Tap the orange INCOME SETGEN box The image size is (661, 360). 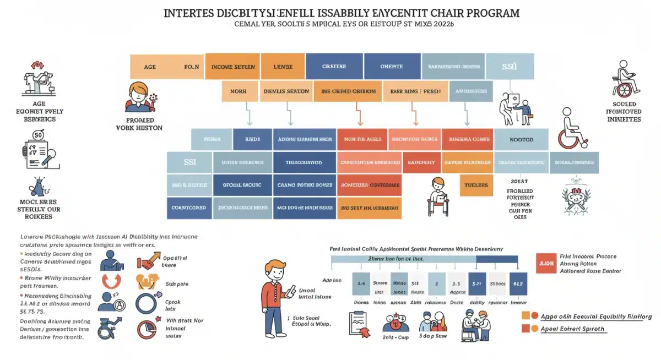(233, 67)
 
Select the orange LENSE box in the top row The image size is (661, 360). (283, 67)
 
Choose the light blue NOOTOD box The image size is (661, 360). (521, 139)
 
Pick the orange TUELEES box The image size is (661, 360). (476, 186)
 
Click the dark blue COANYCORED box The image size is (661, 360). (189, 208)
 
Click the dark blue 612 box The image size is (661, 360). (518, 283)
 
